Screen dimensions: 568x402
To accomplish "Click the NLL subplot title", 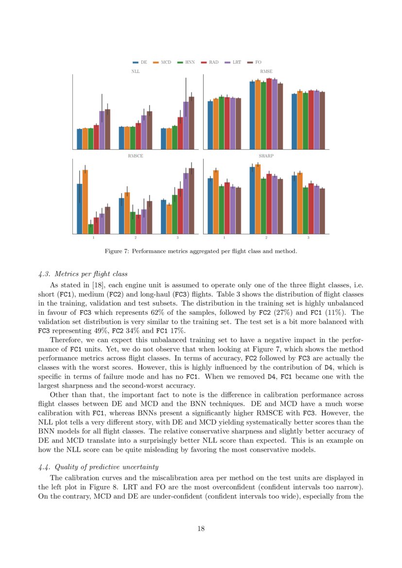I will [x=135, y=71].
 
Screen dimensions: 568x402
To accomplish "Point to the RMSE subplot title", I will [x=266, y=71].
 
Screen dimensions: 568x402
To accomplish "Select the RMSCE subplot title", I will [x=135, y=156].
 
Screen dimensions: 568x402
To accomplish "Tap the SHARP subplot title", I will [x=266, y=156].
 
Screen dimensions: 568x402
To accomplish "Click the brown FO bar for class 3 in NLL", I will [x=191, y=123].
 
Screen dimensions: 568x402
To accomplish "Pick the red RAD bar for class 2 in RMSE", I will [x=269, y=114].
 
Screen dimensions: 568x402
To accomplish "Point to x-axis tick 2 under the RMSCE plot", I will [x=135, y=238].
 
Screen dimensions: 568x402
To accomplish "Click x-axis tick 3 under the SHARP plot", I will [x=308, y=238].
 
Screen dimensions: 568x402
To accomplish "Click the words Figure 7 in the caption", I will [x=116, y=251].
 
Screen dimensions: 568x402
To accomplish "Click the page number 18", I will [x=201, y=529].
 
